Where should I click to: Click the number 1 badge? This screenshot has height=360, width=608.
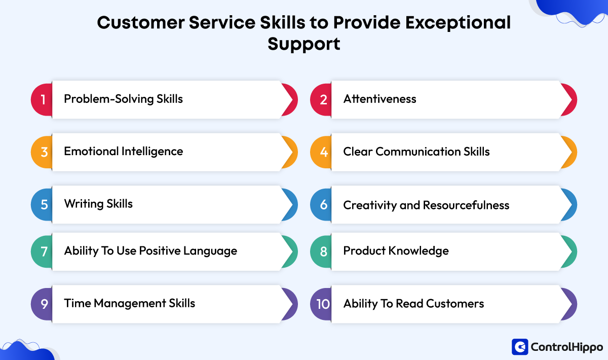point(43,99)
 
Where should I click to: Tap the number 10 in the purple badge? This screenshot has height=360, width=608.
point(322,304)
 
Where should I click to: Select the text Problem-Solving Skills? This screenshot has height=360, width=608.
point(123,99)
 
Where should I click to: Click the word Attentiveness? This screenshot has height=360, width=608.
point(379,99)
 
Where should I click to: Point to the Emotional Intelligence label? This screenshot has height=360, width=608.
point(123,151)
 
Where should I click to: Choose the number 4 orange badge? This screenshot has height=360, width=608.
point(323,152)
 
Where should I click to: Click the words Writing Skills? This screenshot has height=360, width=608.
point(98,204)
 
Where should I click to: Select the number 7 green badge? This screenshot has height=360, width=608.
point(44,251)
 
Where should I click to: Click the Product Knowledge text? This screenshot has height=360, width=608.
point(396,251)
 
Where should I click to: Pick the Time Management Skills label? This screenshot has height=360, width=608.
point(129,303)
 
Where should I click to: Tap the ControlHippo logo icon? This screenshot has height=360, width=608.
point(519,347)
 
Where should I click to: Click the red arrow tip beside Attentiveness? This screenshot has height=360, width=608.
point(569,99)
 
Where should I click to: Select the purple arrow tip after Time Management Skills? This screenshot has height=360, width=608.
point(290,304)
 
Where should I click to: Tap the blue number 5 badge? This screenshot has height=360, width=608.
point(44,205)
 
